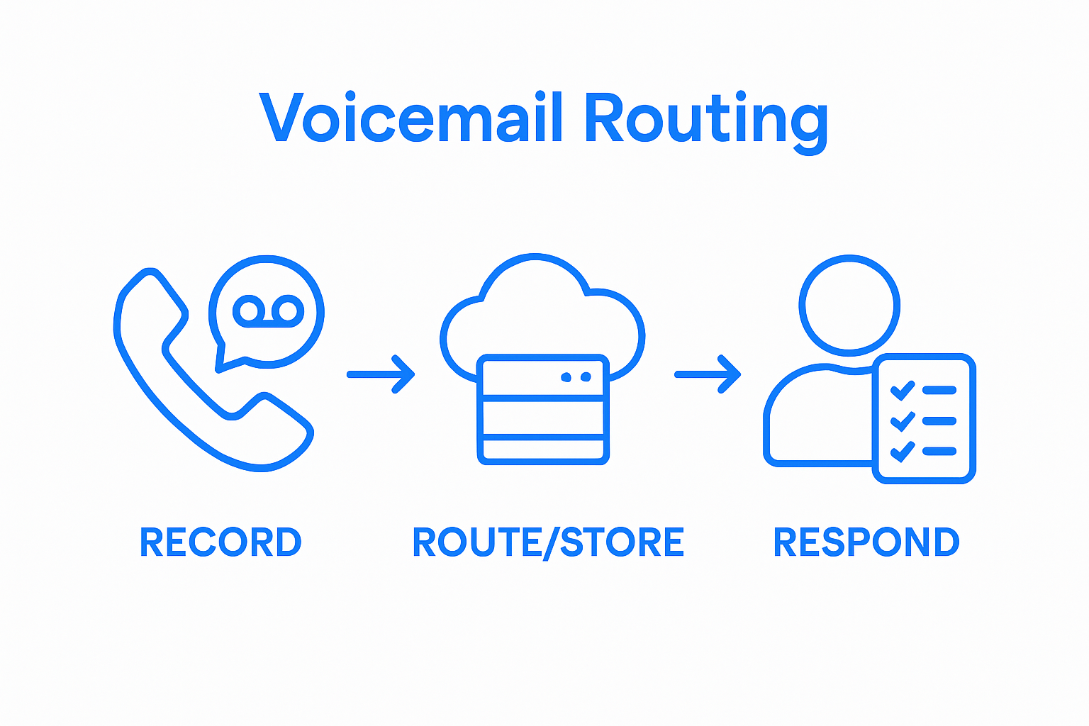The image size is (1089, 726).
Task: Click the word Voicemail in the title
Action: [x=411, y=118]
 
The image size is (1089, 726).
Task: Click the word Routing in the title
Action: [x=705, y=119]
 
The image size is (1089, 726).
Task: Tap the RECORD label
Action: [x=220, y=542]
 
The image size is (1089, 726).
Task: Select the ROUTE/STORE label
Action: [x=548, y=542]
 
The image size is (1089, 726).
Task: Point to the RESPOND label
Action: [x=866, y=542]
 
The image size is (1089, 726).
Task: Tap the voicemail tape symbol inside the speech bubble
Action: [x=268, y=311]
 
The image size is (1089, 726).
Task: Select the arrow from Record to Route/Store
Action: [x=381, y=374]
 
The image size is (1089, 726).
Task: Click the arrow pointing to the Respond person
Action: [x=708, y=374]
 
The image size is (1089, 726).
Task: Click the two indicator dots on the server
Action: [x=576, y=376]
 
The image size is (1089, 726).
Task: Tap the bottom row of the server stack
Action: [x=543, y=449]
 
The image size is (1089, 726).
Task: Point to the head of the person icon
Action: [x=849, y=305]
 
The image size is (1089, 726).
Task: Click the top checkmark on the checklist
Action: [x=903, y=390]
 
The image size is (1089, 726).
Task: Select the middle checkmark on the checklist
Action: [x=903, y=421]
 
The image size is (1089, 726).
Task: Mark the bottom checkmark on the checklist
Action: [x=903, y=452]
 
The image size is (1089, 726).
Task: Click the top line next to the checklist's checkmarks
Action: [x=939, y=390]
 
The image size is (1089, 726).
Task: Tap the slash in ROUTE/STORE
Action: [x=551, y=544]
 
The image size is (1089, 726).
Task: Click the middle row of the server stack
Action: [x=543, y=418]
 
